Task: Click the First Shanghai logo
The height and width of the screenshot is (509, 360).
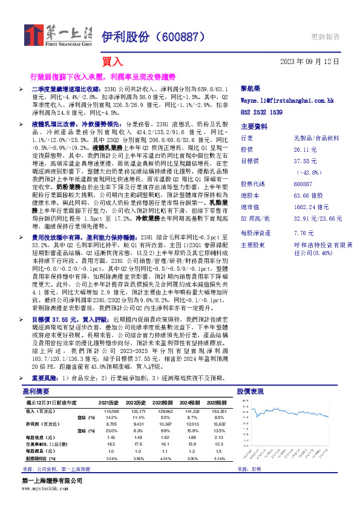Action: click(x=57, y=36)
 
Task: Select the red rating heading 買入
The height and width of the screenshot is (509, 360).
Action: click(x=112, y=61)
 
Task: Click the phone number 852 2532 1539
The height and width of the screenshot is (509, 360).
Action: click(x=261, y=112)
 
